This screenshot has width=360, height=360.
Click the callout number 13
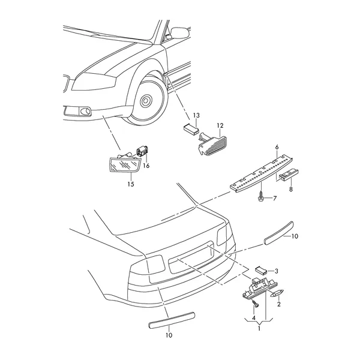coord(196,115)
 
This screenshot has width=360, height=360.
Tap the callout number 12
coord(220,125)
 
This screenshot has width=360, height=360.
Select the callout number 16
coord(146,166)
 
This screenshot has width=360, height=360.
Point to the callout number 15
coord(131,184)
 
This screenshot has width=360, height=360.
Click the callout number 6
coord(277,147)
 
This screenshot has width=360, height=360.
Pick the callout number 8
coord(291,189)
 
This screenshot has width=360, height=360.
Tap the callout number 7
coord(275,198)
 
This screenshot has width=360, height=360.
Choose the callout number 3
coord(277,271)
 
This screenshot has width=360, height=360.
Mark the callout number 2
coord(279,304)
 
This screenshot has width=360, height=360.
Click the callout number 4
coord(254,318)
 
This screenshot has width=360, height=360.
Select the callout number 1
coord(259,329)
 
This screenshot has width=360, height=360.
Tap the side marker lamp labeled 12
coord(212,144)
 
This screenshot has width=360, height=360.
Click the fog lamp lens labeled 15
coord(124,164)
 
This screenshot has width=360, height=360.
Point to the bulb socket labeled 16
coord(142,151)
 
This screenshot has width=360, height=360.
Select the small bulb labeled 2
coord(278,293)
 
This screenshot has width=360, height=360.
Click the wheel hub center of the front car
coord(145,100)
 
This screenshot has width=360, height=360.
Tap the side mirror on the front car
coord(181,32)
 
